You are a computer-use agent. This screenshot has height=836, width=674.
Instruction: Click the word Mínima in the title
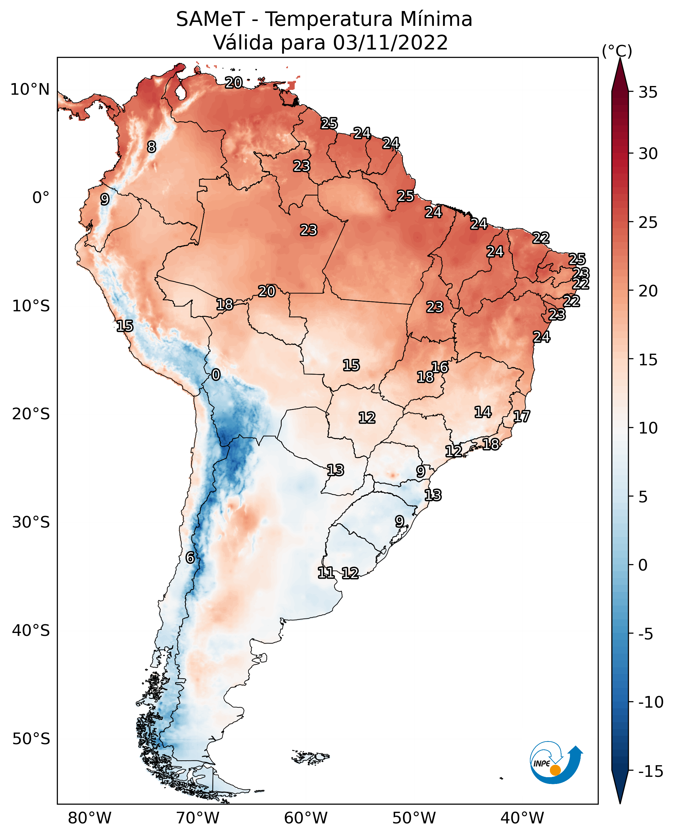(x=436, y=19)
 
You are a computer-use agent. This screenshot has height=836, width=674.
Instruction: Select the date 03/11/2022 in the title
(x=390, y=42)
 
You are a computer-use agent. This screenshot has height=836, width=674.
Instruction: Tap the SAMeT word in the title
(x=210, y=19)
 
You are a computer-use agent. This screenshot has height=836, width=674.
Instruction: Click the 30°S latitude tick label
(x=31, y=522)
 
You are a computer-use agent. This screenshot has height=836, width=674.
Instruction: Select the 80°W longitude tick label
(x=90, y=818)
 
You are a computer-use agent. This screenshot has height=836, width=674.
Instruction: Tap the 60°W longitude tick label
(x=306, y=818)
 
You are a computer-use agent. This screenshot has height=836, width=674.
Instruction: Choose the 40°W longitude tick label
(x=522, y=818)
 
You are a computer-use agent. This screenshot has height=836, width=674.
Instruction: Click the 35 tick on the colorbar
(x=648, y=92)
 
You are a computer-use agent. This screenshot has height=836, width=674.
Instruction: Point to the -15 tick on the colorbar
(x=651, y=771)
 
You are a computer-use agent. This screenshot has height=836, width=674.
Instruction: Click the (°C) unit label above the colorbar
(x=617, y=51)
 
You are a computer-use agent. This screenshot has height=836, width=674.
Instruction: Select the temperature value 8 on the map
(x=152, y=147)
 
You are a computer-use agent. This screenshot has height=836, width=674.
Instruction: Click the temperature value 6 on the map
(x=190, y=557)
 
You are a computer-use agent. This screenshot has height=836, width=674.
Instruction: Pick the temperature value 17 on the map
(x=521, y=416)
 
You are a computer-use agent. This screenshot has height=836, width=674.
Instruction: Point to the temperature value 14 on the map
(x=483, y=412)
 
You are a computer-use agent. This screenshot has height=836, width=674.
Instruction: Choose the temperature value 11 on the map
(x=326, y=572)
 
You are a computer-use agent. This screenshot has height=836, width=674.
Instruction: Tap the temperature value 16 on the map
(x=440, y=367)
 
